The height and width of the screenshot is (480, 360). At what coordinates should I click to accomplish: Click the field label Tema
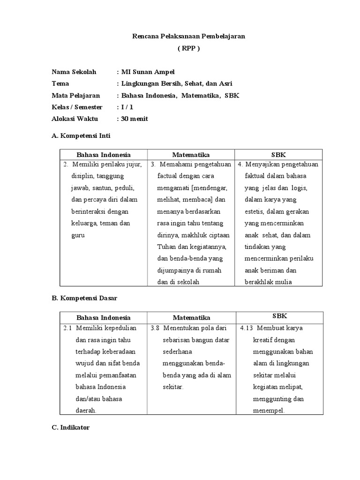(60, 83)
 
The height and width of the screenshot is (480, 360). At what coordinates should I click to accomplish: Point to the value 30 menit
(135, 119)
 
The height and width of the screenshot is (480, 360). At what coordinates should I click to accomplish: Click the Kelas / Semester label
(77, 107)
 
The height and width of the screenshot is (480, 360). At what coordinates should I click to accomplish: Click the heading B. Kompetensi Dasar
(84, 298)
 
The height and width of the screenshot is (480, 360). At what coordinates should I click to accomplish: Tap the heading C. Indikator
(70, 427)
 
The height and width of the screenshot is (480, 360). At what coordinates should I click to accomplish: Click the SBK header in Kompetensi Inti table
(278, 155)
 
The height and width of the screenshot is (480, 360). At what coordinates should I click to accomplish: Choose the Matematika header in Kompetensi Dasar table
(191, 317)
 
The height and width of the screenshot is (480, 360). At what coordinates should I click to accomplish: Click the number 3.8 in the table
(156, 328)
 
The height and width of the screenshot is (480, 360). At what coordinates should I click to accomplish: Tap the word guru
(78, 235)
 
